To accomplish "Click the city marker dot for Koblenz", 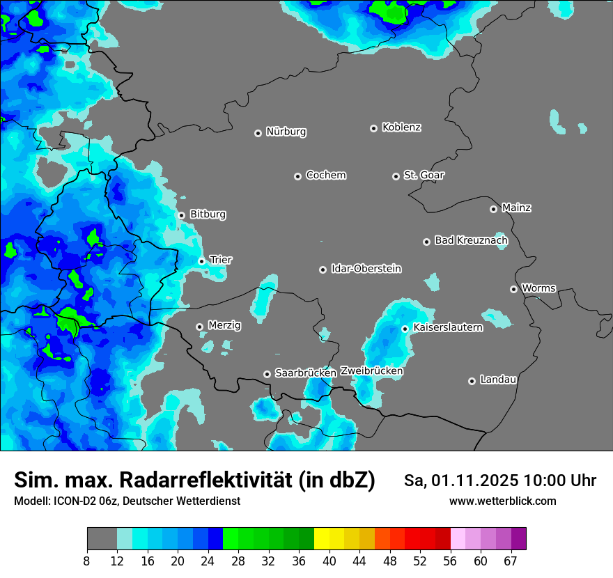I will point(374,128).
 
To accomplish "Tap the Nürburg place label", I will point(286,132).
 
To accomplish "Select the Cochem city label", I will point(326,175).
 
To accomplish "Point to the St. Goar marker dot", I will point(396,176).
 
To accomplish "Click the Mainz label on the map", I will point(516,208).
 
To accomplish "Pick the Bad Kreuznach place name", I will point(471,240).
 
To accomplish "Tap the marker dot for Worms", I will point(513,289).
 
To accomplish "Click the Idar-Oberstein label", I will point(366,268).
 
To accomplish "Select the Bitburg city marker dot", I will point(181,215).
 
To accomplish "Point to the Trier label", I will point(221,260).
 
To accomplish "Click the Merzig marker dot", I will point(199,327).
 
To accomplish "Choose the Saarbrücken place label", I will point(306,373).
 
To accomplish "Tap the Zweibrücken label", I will point(372,371).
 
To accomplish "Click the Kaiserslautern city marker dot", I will point(405,329).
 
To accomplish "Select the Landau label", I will point(498,380).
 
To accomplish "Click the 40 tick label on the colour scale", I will point(329,561).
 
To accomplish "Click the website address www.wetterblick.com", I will point(503,501).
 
